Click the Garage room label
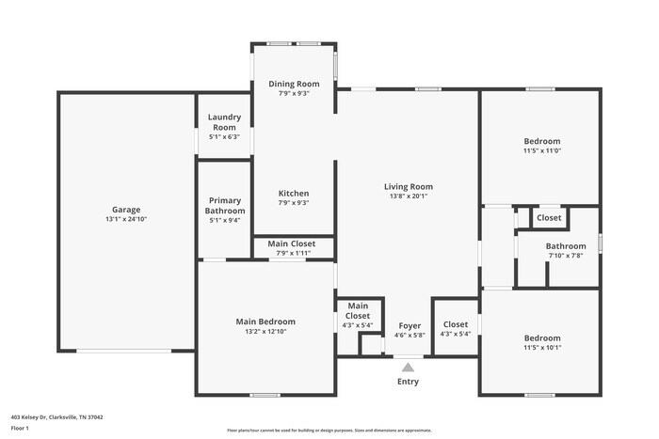(127, 210)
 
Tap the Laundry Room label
(224, 122)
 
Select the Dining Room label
(294, 84)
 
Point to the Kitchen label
(294, 193)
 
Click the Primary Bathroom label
(224, 205)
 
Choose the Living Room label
(409, 186)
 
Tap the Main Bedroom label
(265, 321)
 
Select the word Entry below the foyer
(409, 382)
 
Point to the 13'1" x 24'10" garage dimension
(127, 219)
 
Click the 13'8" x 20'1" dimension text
(409, 196)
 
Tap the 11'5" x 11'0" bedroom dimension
(542, 150)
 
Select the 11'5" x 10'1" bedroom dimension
(542, 348)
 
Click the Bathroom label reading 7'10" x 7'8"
(565, 246)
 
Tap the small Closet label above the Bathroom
(549, 218)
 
